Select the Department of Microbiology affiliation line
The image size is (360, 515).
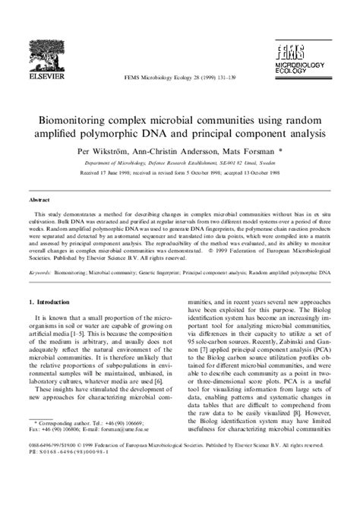[179, 163]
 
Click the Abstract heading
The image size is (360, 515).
[39, 198]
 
